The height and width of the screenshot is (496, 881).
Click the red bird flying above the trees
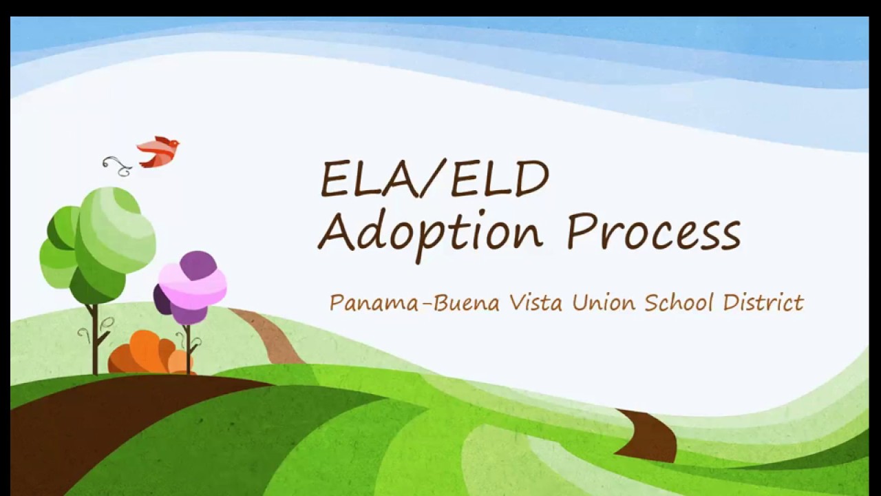click(x=159, y=152)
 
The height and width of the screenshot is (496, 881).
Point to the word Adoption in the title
click(x=430, y=232)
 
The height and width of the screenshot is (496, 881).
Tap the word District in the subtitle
click(x=763, y=302)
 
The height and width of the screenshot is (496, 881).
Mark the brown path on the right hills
click(x=650, y=434)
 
